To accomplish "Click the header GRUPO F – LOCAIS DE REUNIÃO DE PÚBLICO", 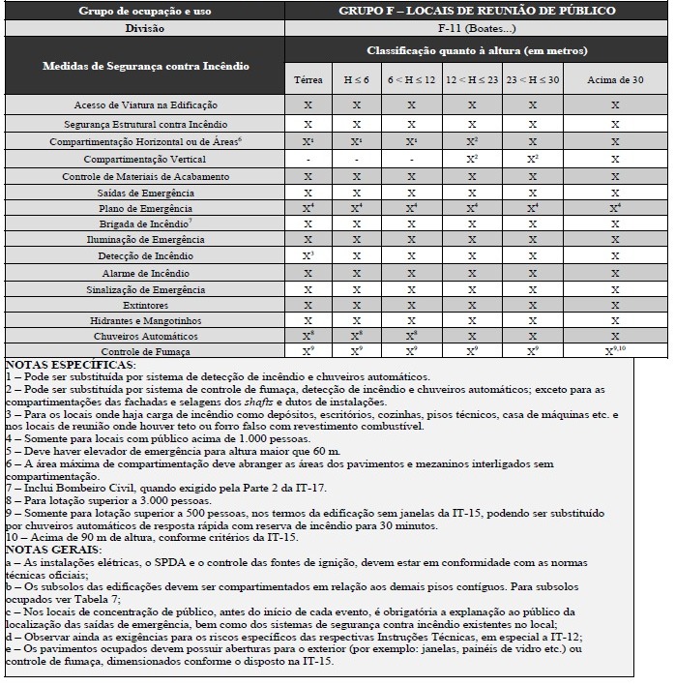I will coord(477,11).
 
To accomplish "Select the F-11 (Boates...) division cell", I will coord(477,28).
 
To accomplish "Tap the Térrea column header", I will coord(308,79).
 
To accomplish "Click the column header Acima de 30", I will coord(615,79).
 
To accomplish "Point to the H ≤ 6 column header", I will coord(357,79).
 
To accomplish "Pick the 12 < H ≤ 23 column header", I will coord(472,79).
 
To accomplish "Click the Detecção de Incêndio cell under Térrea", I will coord(308,255).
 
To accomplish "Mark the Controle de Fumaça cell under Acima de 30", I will coord(615,351).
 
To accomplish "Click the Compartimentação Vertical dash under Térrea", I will coord(308,159).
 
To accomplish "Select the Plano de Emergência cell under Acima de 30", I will coord(615,208).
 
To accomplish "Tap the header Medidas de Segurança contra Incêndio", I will coord(145,66).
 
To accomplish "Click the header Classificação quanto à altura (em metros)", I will coord(477,50).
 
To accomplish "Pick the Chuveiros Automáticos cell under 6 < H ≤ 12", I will coord(411,336).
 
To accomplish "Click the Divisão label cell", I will coord(145,28).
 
